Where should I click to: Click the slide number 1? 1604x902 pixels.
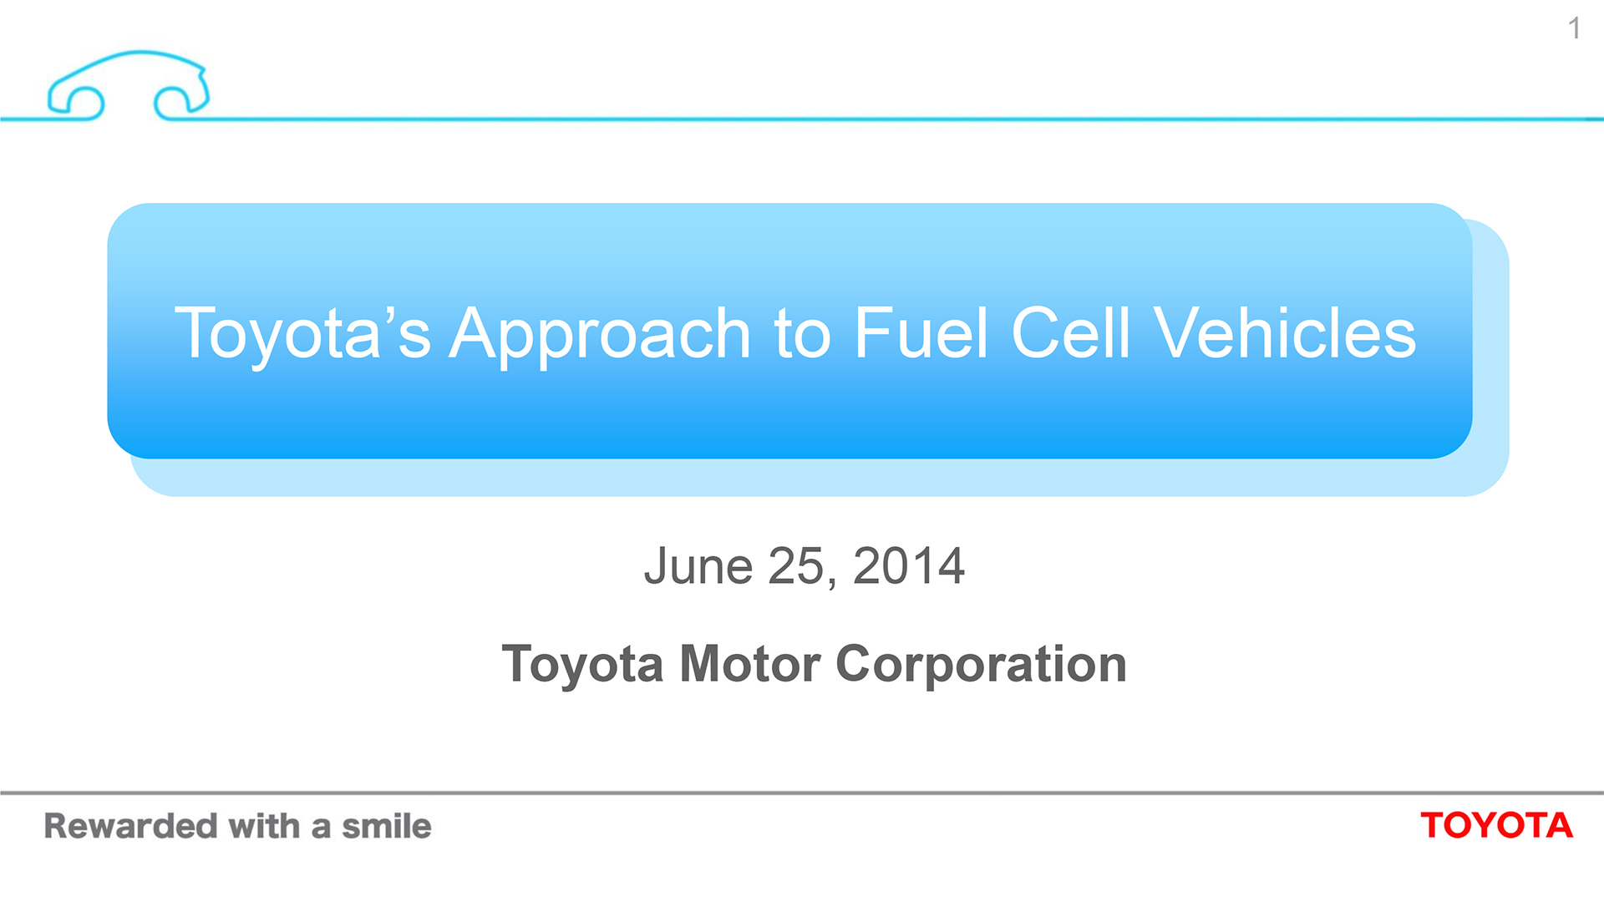click(x=1574, y=28)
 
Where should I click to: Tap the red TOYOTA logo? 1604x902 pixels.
click(x=1496, y=825)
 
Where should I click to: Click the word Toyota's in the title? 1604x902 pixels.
click(x=302, y=333)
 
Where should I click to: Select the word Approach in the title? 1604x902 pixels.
click(x=600, y=333)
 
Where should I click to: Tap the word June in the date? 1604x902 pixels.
click(x=698, y=566)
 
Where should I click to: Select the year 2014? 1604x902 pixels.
click(x=908, y=566)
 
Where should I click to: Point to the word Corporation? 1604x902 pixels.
click(x=981, y=664)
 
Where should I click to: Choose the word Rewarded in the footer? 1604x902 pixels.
click(x=130, y=826)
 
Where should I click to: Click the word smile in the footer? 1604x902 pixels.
click(x=387, y=826)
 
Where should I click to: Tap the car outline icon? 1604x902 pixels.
click(x=129, y=84)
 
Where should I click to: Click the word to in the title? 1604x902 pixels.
click(x=802, y=333)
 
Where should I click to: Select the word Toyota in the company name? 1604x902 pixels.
click(x=582, y=664)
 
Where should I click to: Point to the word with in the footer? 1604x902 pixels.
click(x=264, y=826)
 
